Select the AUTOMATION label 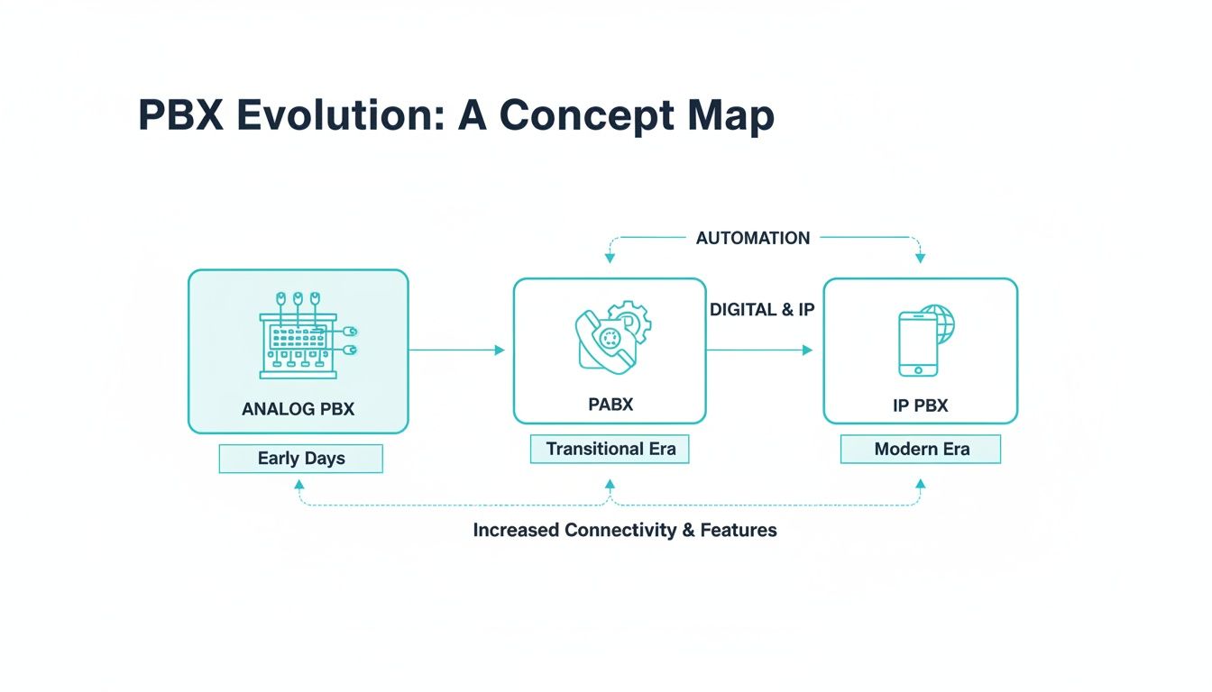click(753, 238)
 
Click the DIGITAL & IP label click(762, 309)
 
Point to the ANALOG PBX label click(298, 409)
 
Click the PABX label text click(611, 405)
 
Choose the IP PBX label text click(921, 405)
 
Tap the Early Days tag click(301, 458)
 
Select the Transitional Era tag click(611, 449)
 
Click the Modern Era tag click(922, 449)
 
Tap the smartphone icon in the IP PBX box click(917, 343)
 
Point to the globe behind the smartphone click(941, 323)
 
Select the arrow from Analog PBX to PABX click(456, 350)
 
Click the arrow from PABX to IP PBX click(759, 350)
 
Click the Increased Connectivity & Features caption click(625, 530)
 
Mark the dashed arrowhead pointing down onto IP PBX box click(920, 259)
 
